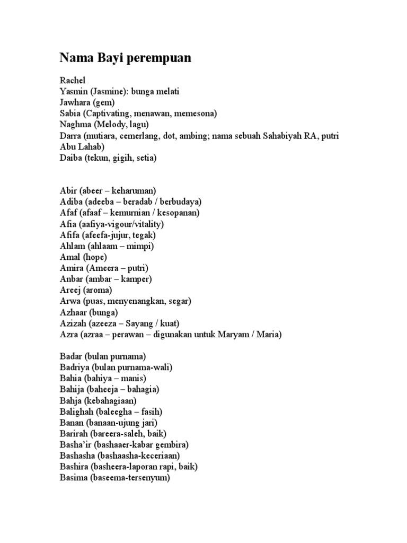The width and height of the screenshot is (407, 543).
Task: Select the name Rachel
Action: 73,80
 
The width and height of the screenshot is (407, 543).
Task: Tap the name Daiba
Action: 72,158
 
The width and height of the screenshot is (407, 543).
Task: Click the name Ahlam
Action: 72,246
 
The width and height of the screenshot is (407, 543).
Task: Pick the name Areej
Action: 71,291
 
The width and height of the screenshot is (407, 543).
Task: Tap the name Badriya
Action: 74,367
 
